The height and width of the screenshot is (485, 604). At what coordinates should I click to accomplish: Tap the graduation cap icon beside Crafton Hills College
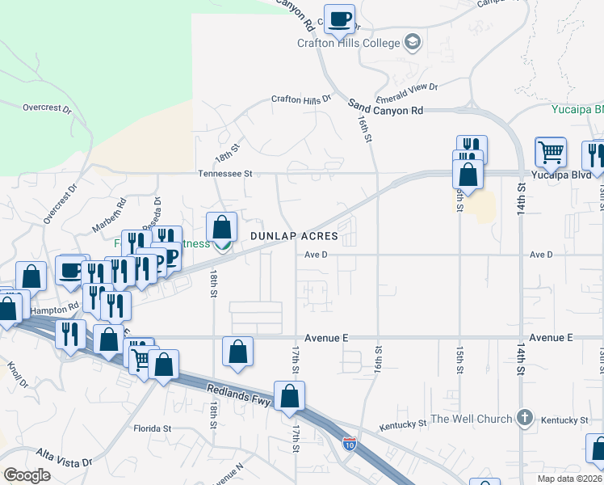tap(413, 42)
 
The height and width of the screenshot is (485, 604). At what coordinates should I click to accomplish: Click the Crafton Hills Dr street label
tap(301, 99)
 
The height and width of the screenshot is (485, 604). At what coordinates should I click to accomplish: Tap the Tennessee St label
tap(226, 173)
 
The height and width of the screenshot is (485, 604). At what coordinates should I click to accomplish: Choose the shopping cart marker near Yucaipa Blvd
tap(550, 152)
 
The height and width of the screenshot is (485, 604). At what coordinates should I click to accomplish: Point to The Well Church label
tap(471, 419)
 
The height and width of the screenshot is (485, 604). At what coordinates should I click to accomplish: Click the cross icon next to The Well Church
tap(525, 418)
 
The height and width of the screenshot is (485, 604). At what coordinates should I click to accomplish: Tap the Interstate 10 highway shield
tap(349, 443)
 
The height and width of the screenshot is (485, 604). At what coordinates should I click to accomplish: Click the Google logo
tap(27, 475)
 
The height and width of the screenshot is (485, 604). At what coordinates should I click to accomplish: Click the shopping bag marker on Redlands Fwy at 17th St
tap(289, 397)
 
